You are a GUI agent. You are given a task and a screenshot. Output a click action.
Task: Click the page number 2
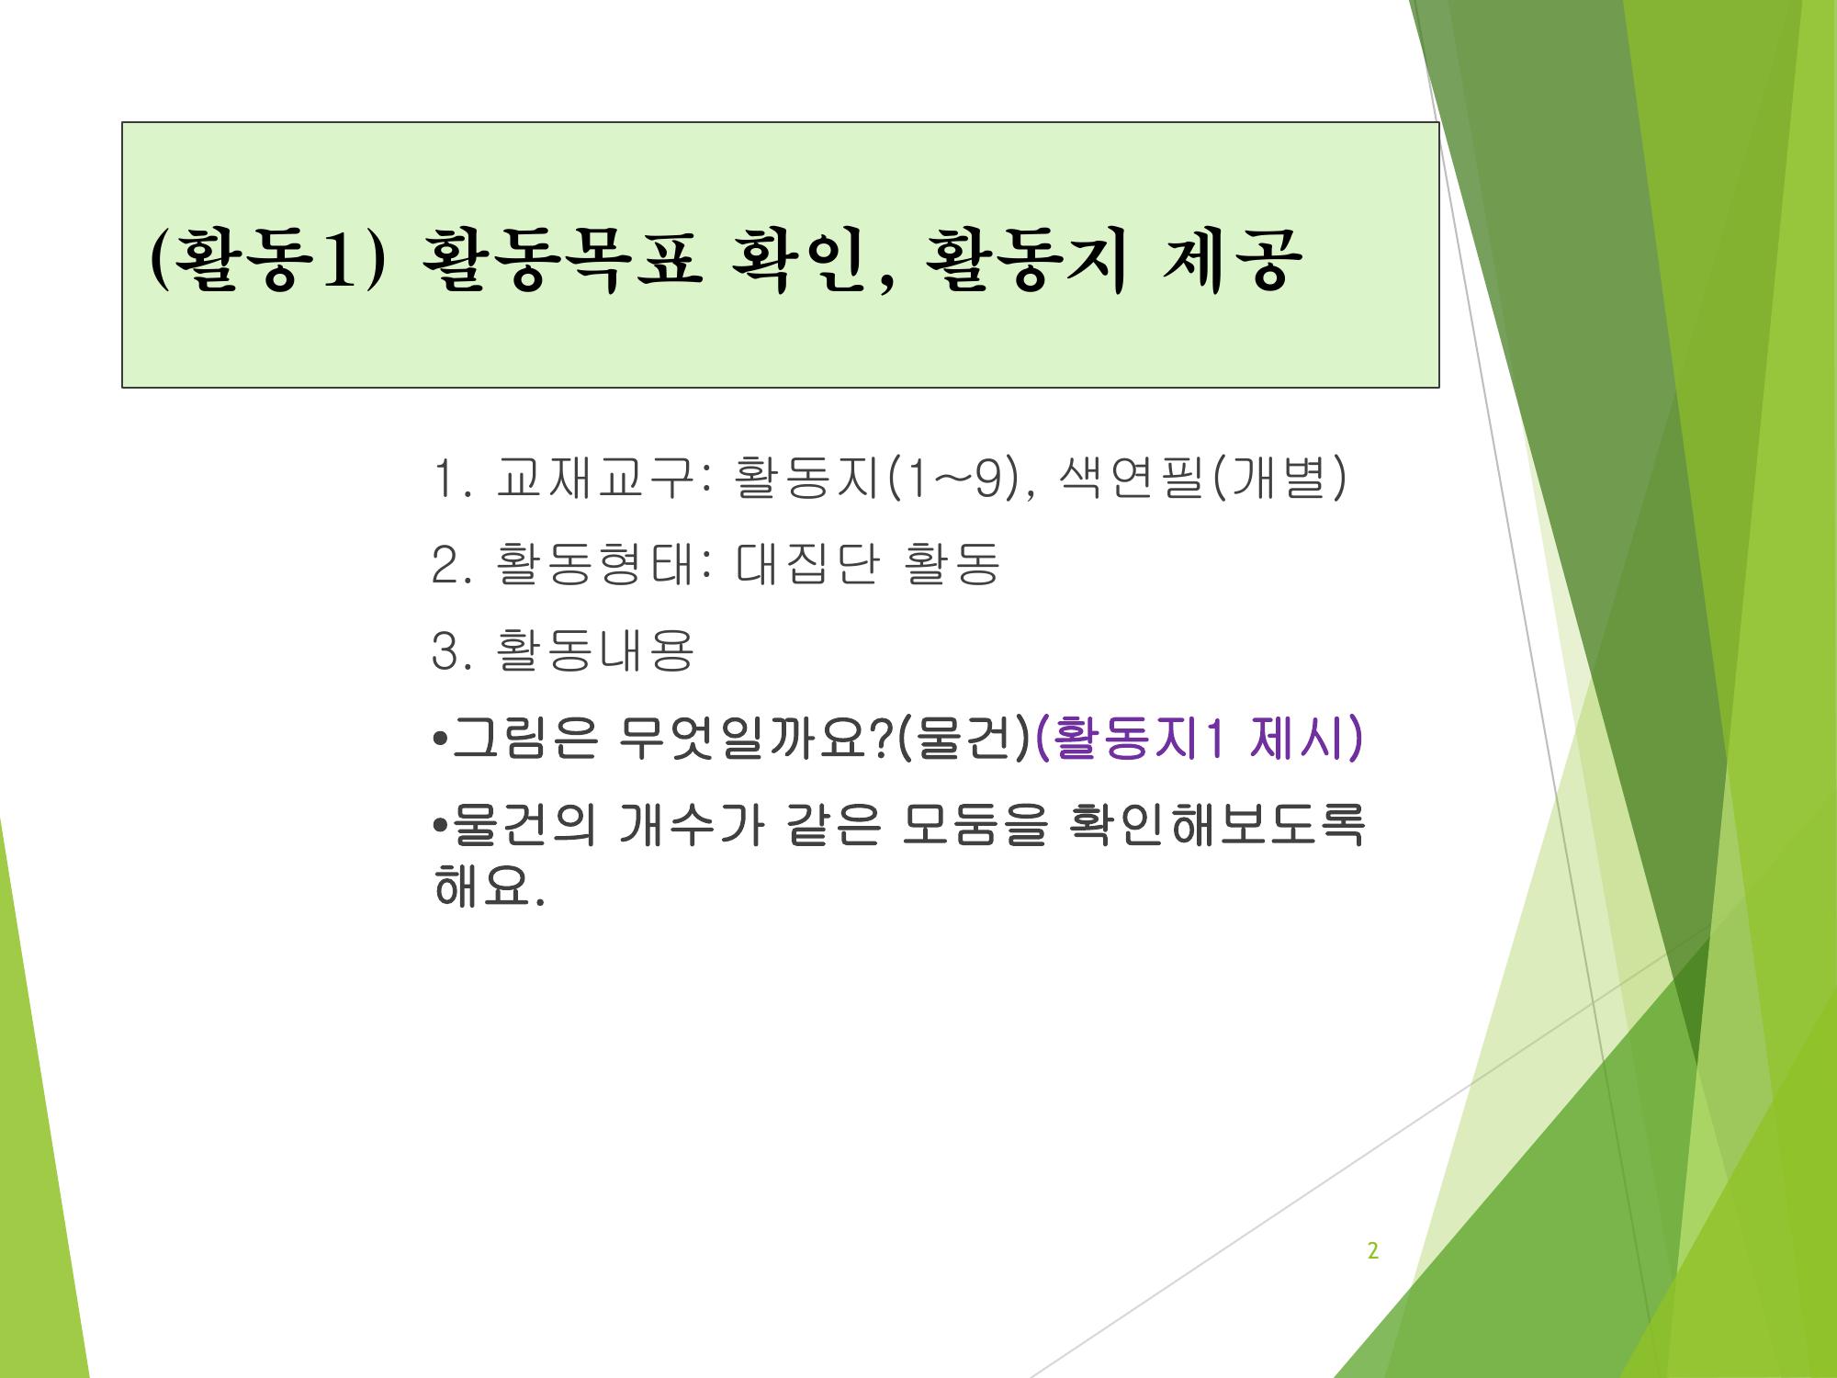tap(1373, 1251)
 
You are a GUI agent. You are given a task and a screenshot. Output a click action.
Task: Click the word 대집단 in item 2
tap(807, 564)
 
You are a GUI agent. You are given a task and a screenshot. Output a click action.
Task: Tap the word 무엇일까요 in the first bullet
tap(742, 739)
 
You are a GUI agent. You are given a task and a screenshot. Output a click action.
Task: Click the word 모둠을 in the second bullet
tap(975, 827)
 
